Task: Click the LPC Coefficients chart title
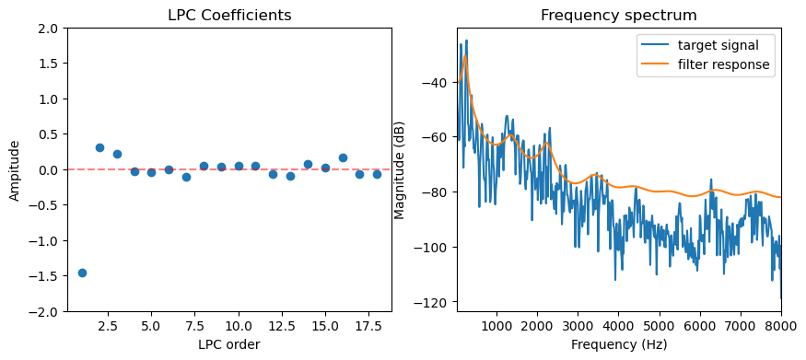coord(229,16)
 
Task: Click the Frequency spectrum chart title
coord(619,16)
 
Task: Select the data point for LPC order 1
coord(82,273)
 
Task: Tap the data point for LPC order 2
coord(99,147)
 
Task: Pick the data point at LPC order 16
coord(343,157)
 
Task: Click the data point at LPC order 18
coord(377,174)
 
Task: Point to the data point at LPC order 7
coord(186,177)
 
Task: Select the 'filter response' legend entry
coord(724,64)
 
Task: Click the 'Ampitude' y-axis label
coord(14,170)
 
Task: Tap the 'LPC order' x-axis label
coord(229,344)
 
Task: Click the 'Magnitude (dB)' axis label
coord(400,170)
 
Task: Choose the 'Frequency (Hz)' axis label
coord(619,344)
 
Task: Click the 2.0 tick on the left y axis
coord(49,29)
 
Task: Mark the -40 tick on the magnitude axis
coord(434,83)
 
